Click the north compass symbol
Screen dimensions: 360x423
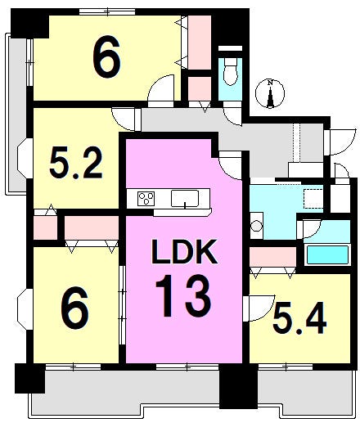click(270, 93)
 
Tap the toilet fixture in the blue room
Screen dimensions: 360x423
click(230, 71)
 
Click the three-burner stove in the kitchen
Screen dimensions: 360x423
click(146, 198)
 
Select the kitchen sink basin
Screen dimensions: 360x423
click(185, 199)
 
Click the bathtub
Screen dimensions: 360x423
click(327, 255)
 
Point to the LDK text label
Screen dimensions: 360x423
click(185, 252)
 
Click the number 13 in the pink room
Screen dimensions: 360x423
click(183, 295)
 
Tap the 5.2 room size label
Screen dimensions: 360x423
click(76, 163)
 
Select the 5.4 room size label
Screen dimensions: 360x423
click(299, 318)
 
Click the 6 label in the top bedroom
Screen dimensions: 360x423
click(106, 56)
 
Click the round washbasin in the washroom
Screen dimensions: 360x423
click(256, 226)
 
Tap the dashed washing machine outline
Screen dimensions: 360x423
click(313, 199)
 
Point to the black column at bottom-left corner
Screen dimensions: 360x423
click(29, 378)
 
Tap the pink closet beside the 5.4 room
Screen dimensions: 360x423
click(272, 257)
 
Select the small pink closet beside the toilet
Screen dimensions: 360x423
click(200, 89)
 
